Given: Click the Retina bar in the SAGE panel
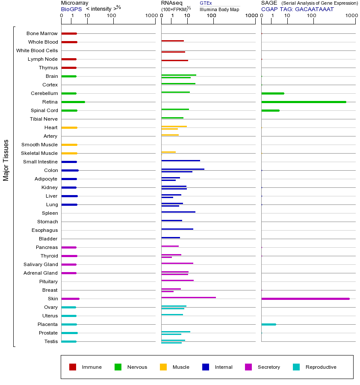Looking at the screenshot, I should [x=304, y=102].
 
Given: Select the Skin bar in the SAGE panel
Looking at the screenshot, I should [x=305, y=299].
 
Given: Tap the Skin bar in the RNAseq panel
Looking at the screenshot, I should [x=189, y=297].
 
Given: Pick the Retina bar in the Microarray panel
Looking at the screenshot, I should [x=73, y=102].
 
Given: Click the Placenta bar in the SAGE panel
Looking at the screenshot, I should [x=269, y=324].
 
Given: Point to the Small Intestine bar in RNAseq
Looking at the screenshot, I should [x=180, y=160].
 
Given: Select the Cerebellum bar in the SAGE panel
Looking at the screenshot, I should [x=272, y=93].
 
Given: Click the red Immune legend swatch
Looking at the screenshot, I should [x=73, y=367].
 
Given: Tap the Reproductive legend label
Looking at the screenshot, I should [x=321, y=367].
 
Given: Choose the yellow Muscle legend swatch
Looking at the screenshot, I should [x=163, y=367].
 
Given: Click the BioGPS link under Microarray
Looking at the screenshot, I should [x=71, y=9].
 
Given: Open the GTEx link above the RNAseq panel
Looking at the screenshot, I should [x=206, y=3].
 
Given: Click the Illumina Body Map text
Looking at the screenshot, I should [x=219, y=9].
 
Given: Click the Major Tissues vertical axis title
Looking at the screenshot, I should [x=6, y=160].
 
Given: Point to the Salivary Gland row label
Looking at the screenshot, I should [x=41, y=264].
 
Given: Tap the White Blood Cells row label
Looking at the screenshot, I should [x=37, y=50].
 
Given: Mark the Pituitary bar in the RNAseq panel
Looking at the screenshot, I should [x=177, y=280].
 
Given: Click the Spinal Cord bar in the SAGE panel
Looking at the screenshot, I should [x=270, y=110].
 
